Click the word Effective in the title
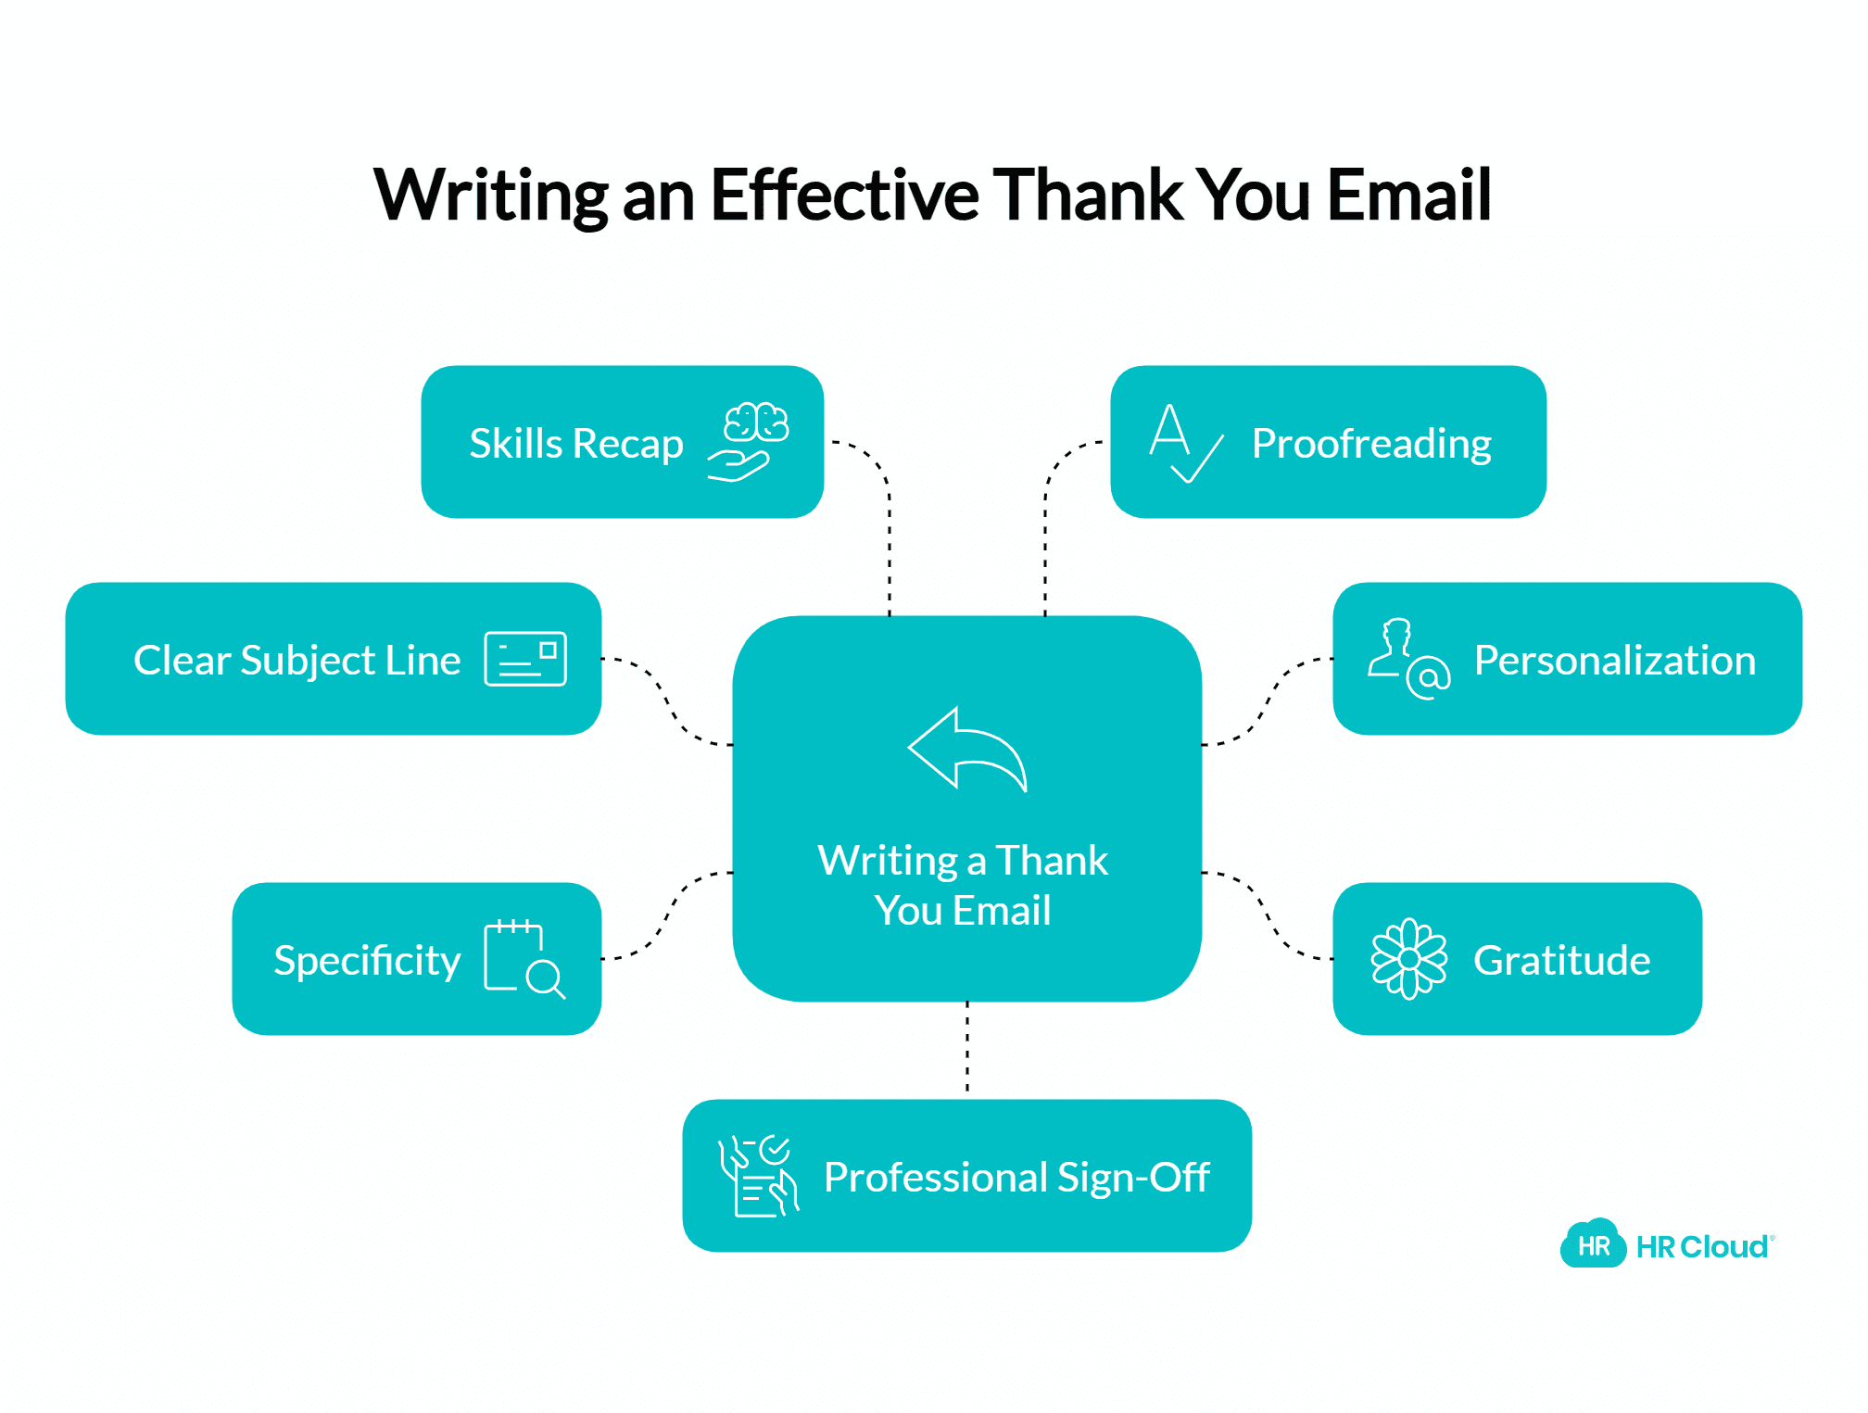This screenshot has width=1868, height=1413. pos(844,195)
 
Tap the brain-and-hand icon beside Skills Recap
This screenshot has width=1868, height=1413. pos(748,442)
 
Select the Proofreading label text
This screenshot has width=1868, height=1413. pos(1371,444)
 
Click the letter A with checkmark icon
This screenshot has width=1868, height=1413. pos(1186,443)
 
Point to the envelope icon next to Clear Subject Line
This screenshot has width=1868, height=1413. pos(525,659)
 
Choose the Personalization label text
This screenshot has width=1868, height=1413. pos(1615,661)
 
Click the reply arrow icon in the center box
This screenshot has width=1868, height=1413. pos(967,750)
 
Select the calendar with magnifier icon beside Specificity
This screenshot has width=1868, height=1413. pos(524,959)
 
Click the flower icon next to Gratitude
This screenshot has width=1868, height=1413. pos(1408,959)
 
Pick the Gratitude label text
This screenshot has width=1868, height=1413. pos(1562,961)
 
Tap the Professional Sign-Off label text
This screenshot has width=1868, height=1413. pos(1016,1178)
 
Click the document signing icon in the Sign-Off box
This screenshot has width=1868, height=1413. pos(758,1177)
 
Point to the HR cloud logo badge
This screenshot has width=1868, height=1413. pos(1593,1243)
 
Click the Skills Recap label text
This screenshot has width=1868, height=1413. pos(576,444)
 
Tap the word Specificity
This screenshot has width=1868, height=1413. pos(367,962)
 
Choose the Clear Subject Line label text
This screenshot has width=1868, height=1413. pos(297,661)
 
